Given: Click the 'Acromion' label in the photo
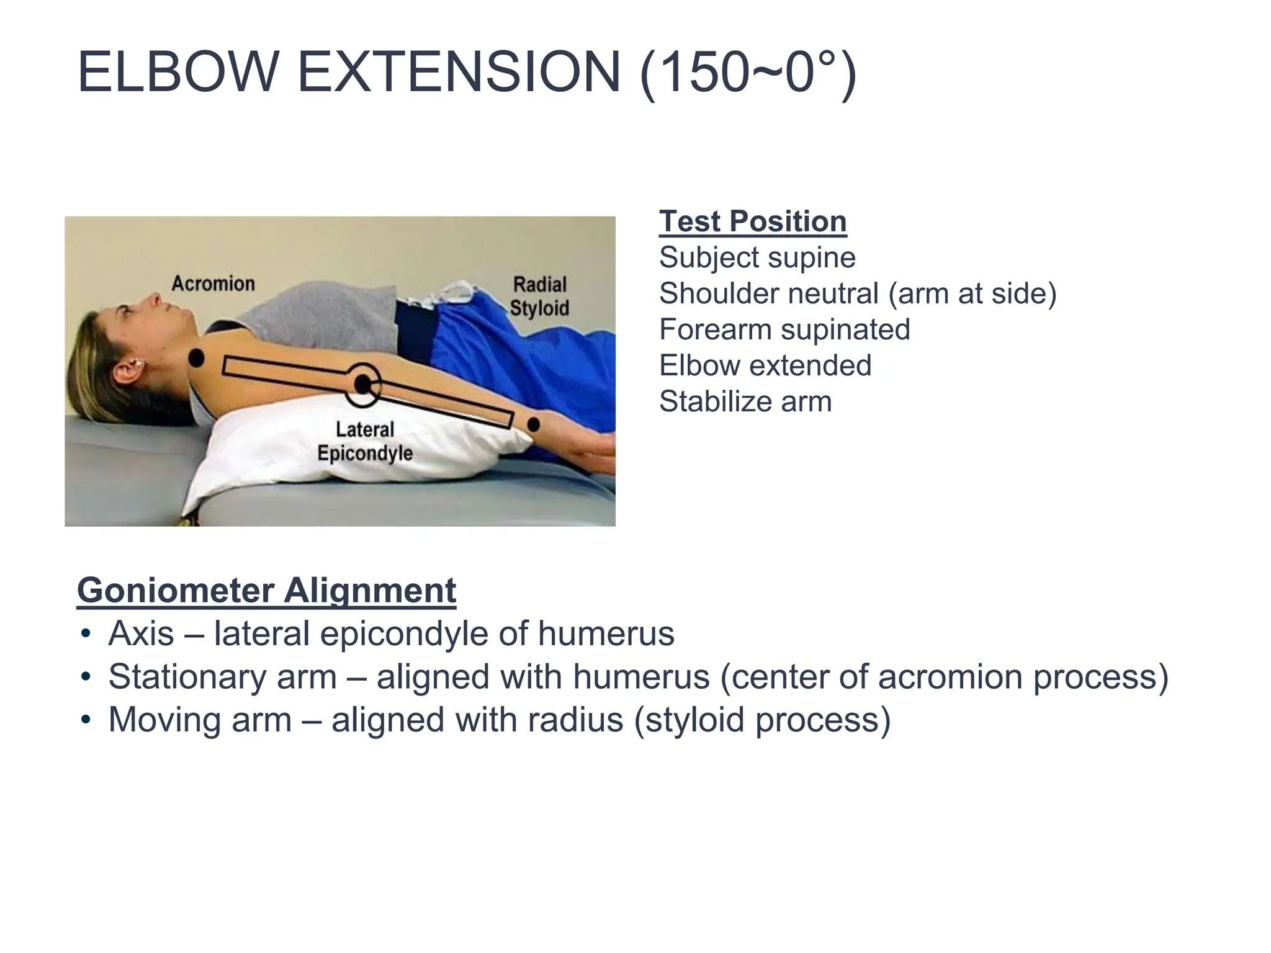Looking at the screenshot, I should tap(213, 284).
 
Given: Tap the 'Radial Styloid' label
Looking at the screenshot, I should tap(539, 296).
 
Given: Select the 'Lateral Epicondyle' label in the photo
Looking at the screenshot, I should tap(365, 441).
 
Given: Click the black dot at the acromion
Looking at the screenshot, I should tap(196, 358).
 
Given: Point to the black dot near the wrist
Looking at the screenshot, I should tap(533, 425).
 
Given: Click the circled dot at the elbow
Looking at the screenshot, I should tap(362, 385).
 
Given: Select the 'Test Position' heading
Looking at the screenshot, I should tap(752, 221).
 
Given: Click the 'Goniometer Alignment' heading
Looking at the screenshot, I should tap(266, 590).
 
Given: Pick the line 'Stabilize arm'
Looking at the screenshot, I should tap(745, 401).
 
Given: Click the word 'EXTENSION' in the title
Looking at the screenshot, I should tap(458, 73).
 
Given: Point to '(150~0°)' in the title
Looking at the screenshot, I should tap(748, 74).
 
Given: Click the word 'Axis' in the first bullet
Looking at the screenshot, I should tap(141, 633).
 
